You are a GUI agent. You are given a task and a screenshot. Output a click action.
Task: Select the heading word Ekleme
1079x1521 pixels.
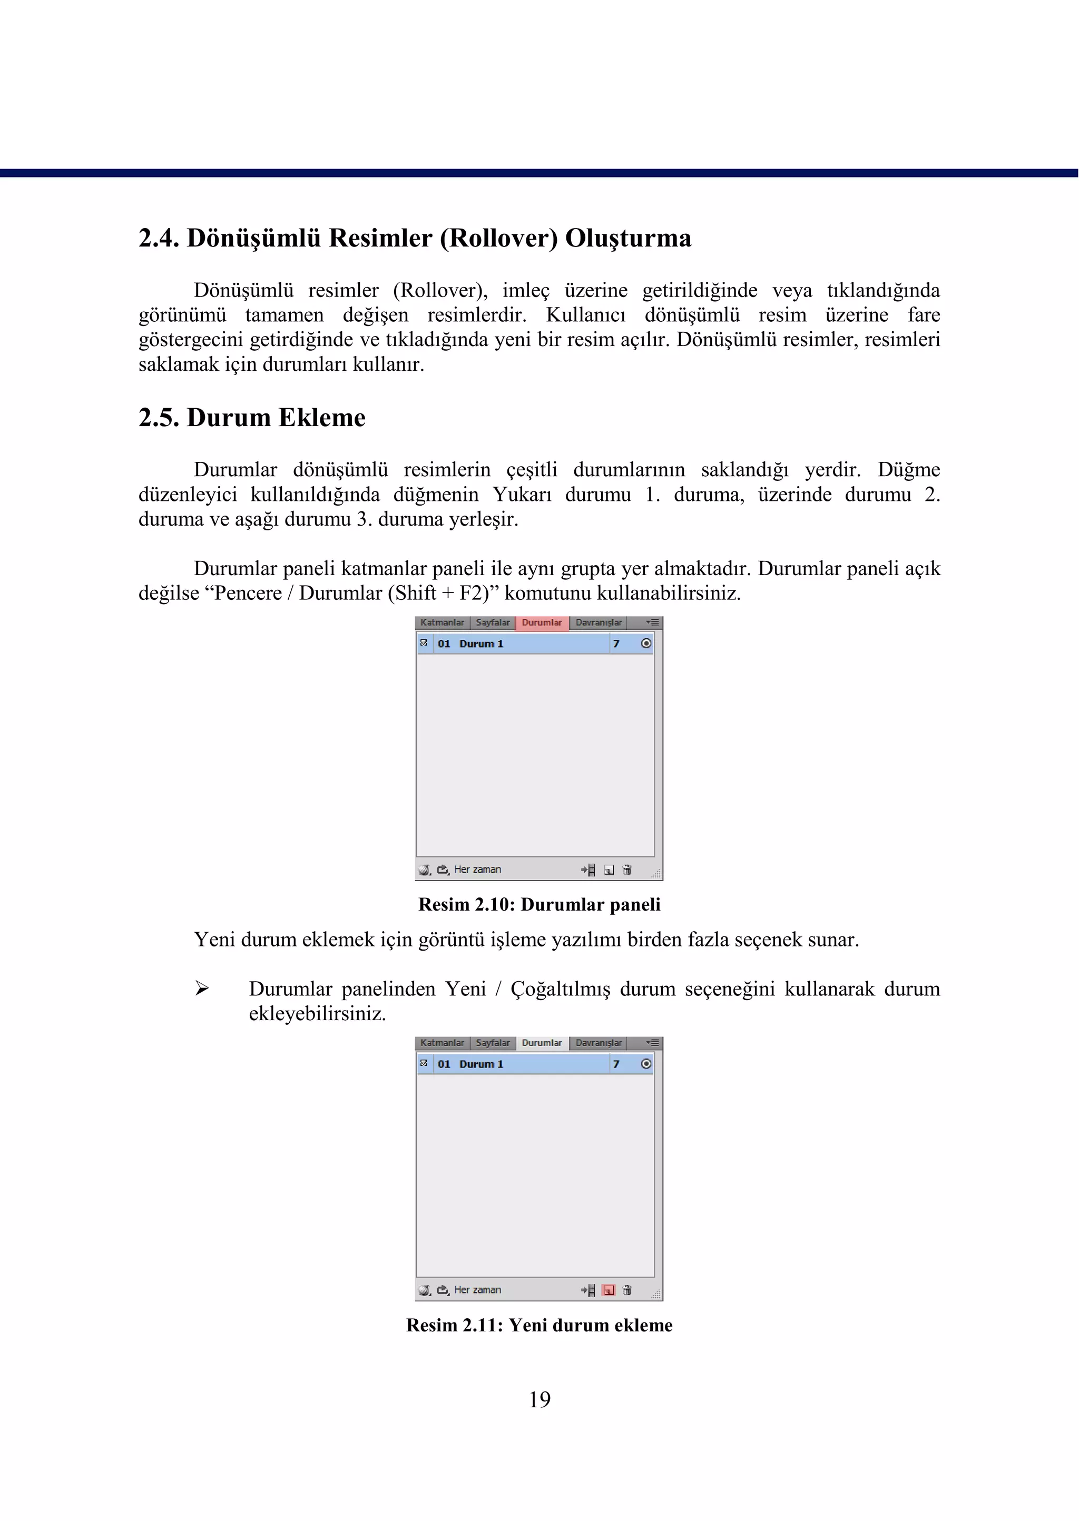(321, 418)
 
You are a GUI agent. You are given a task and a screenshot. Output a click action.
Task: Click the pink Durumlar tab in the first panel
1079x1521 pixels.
(542, 623)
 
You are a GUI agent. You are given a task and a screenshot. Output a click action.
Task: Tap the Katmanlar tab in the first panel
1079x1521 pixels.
(442, 623)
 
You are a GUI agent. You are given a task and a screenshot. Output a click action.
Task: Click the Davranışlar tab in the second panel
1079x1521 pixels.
(598, 1043)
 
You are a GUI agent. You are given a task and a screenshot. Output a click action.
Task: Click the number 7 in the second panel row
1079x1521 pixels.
(616, 1064)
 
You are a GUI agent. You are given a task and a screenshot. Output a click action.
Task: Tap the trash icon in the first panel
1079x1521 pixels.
(627, 870)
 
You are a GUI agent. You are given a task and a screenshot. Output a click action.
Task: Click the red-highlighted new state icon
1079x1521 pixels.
(609, 1290)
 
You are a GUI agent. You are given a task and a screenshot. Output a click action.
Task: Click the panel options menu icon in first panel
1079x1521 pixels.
(652, 623)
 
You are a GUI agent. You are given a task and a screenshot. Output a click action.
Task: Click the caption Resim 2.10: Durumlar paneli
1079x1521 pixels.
(539, 905)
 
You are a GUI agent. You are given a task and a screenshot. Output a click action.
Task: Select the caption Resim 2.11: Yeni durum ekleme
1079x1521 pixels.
(539, 1325)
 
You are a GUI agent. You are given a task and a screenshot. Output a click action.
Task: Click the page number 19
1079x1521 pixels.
(539, 1399)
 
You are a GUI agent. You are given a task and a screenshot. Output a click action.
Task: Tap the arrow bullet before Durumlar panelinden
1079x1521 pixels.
(202, 989)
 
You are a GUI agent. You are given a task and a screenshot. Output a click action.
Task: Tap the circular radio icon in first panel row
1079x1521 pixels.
(646, 644)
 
